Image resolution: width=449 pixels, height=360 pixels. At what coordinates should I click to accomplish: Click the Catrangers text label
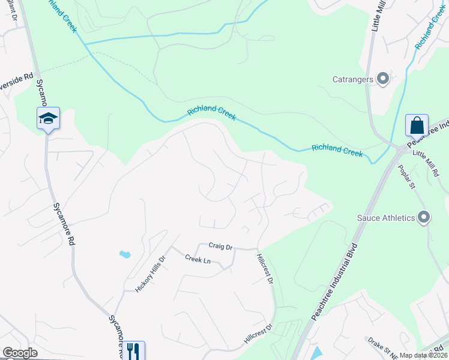click(x=354, y=79)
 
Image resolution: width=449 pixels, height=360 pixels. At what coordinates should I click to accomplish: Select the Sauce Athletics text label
click(x=386, y=218)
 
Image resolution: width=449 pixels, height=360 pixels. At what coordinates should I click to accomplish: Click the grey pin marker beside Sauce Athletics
click(x=424, y=217)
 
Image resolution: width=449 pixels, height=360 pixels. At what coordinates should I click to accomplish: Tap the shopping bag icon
click(x=417, y=126)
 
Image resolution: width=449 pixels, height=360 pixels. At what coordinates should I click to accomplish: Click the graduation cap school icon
click(x=48, y=118)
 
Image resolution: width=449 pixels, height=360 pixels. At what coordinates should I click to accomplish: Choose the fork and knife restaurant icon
click(x=133, y=350)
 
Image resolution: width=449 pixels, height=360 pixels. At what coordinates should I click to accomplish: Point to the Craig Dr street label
click(x=220, y=245)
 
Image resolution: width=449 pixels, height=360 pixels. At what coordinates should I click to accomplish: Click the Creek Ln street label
click(x=197, y=259)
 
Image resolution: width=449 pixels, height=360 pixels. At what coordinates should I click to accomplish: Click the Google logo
click(x=20, y=353)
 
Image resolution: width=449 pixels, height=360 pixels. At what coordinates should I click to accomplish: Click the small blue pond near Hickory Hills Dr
click(x=125, y=254)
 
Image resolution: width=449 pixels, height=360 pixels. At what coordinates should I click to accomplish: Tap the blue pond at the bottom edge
click(x=316, y=352)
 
